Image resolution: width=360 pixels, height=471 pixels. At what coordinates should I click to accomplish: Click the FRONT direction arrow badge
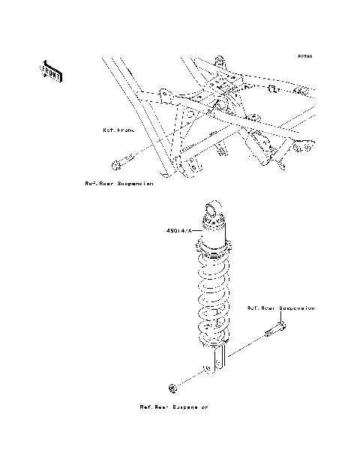pos(50,70)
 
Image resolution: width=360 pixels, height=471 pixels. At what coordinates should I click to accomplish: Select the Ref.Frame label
pos(118,130)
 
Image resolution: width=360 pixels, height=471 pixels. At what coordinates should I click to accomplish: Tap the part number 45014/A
pos(180,231)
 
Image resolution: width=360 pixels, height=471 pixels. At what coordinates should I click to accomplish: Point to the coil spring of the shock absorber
pos(215,296)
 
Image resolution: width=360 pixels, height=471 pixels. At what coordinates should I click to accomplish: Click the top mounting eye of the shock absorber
pos(214,211)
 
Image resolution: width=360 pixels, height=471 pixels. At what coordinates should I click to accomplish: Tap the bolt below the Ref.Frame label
pos(121,160)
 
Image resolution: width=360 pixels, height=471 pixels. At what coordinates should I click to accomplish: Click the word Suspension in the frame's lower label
pos(136,183)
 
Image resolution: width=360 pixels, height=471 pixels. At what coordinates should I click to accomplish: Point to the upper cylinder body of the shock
pos(215,236)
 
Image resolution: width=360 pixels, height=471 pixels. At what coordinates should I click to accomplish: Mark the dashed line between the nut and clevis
pos(190,378)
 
